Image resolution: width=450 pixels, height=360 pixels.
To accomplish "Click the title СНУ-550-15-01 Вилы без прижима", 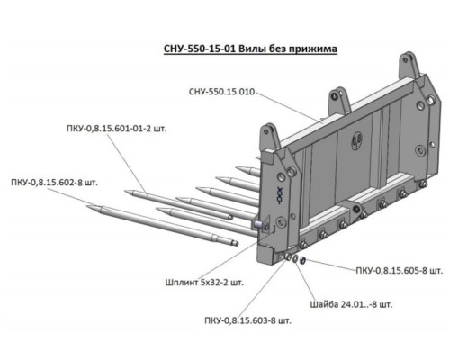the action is click(250, 49).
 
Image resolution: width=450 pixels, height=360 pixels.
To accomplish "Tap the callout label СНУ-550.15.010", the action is click(222, 92).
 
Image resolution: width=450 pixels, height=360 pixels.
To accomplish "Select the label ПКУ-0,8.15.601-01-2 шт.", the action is click(117, 130).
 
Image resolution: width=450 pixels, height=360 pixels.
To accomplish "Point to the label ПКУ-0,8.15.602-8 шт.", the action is click(55, 183).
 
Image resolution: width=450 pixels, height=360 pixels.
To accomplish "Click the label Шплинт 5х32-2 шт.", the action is click(204, 283).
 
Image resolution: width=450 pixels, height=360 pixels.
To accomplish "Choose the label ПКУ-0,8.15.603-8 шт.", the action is click(247, 320).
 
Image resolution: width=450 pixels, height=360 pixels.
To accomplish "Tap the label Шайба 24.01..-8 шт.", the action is click(351, 304).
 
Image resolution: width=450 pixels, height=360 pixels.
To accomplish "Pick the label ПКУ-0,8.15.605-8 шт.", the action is click(400, 271).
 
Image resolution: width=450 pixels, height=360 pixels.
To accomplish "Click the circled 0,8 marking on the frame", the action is click(356, 139).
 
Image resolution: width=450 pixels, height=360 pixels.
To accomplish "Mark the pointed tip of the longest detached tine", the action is click(87, 206).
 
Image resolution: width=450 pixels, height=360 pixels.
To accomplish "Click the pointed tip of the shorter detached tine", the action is click(126, 191).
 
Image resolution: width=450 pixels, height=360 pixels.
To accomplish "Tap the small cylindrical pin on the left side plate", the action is click(257, 224).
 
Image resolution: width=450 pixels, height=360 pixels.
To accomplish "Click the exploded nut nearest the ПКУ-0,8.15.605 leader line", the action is click(302, 260).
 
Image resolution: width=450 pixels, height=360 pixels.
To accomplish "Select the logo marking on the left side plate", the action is click(279, 196).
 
